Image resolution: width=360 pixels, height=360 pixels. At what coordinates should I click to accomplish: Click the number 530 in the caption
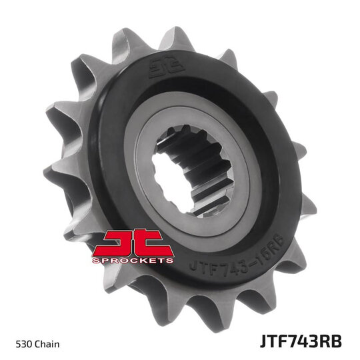25,344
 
